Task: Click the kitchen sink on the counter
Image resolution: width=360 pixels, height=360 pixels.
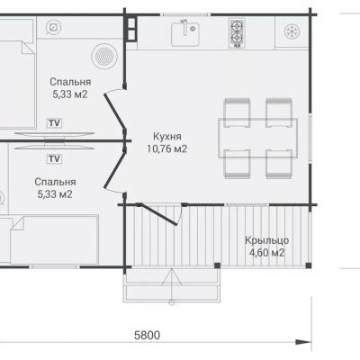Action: click(x=184, y=33)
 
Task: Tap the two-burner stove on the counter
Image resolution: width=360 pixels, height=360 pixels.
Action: click(x=237, y=32)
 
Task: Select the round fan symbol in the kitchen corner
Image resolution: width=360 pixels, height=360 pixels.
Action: click(x=292, y=31)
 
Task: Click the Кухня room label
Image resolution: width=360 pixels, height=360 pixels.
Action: click(x=167, y=137)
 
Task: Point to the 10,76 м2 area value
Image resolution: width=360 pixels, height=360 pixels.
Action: click(x=166, y=148)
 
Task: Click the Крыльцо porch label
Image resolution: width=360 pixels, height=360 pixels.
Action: click(x=267, y=240)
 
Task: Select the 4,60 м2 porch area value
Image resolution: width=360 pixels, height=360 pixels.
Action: click(x=266, y=253)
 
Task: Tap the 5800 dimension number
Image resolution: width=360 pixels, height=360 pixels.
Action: click(x=147, y=335)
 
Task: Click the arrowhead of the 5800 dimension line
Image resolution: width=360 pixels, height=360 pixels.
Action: click(x=303, y=342)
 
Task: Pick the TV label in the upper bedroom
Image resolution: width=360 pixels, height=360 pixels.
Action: click(x=55, y=123)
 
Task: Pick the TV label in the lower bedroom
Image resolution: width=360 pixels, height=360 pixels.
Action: click(x=55, y=158)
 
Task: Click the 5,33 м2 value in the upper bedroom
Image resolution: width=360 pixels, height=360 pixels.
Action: click(x=70, y=94)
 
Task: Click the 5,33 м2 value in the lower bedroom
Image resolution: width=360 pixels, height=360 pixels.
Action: click(x=55, y=194)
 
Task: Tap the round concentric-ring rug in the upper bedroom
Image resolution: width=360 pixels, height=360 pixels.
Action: click(x=103, y=56)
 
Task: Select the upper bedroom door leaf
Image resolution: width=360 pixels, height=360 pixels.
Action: click(x=114, y=112)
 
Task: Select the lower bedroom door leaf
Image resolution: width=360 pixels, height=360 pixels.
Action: click(x=114, y=169)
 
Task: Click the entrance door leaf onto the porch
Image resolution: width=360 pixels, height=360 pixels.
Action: click(x=158, y=215)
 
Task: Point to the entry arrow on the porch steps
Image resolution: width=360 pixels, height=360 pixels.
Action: click(x=172, y=286)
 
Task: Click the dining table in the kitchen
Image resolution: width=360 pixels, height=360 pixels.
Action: click(x=257, y=139)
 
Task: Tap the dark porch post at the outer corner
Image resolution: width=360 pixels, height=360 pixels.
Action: click(x=309, y=265)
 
